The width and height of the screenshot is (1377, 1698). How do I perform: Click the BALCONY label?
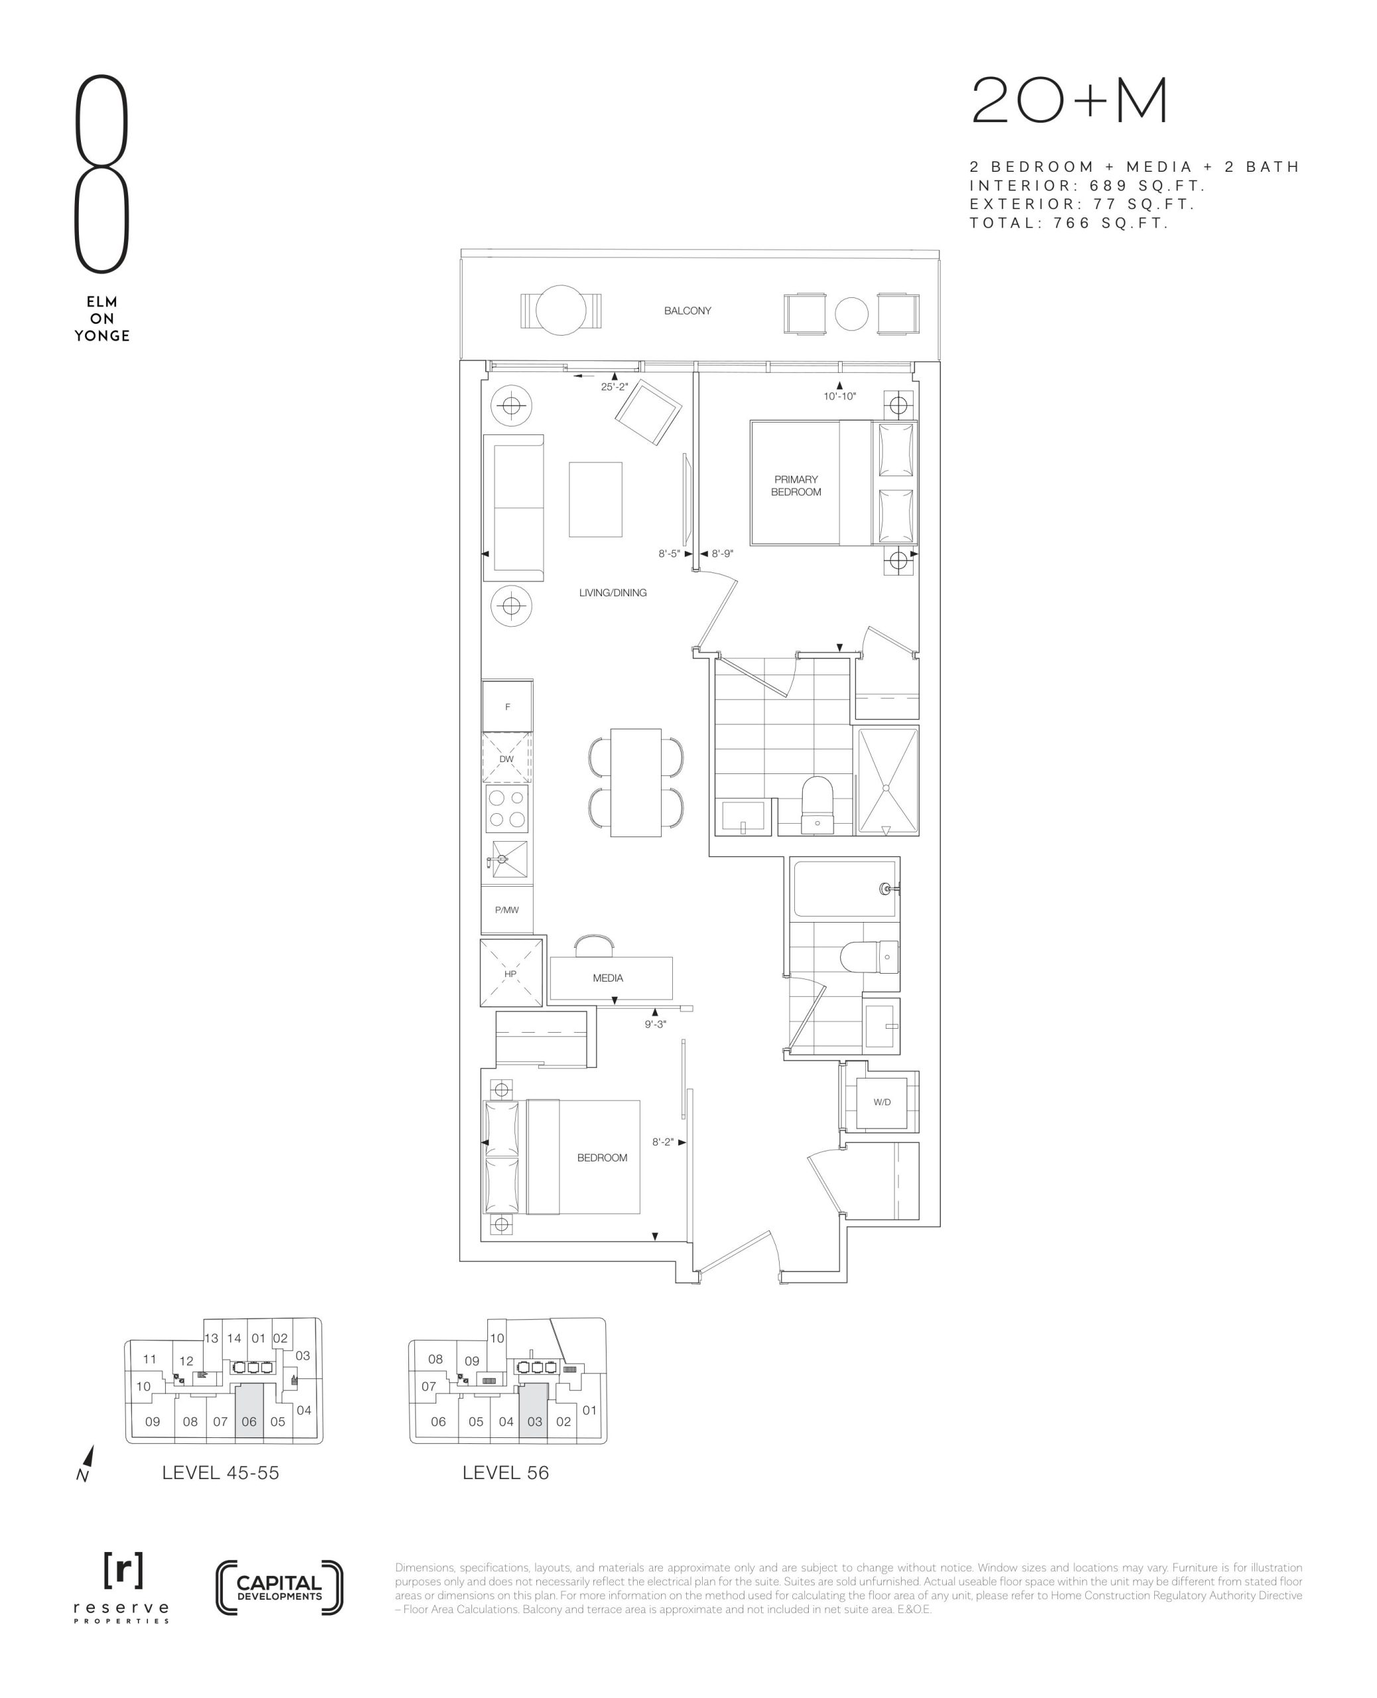click(688, 311)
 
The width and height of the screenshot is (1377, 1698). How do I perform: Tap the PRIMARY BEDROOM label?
click(796, 486)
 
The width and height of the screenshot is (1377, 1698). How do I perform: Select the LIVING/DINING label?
click(613, 593)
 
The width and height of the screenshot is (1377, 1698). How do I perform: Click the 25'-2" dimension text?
click(615, 387)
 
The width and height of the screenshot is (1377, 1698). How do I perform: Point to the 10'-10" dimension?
click(839, 396)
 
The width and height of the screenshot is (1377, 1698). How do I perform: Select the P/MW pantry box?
click(507, 909)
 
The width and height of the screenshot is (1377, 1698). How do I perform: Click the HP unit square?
click(510, 974)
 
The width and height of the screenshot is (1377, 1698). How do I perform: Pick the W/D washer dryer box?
click(882, 1102)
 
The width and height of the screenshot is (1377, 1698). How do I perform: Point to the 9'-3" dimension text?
click(655, 1024)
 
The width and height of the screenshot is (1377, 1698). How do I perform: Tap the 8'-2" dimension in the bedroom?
click(662, 1142)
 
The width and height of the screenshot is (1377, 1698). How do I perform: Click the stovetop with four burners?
click(507, 809)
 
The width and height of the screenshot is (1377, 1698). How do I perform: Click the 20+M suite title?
click(1070, 101)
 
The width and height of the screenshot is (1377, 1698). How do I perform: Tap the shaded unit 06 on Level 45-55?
click(249, 1418)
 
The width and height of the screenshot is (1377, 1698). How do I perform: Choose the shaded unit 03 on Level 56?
click(534, 1418)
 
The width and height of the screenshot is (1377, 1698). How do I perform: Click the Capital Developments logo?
click(279, 1588)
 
